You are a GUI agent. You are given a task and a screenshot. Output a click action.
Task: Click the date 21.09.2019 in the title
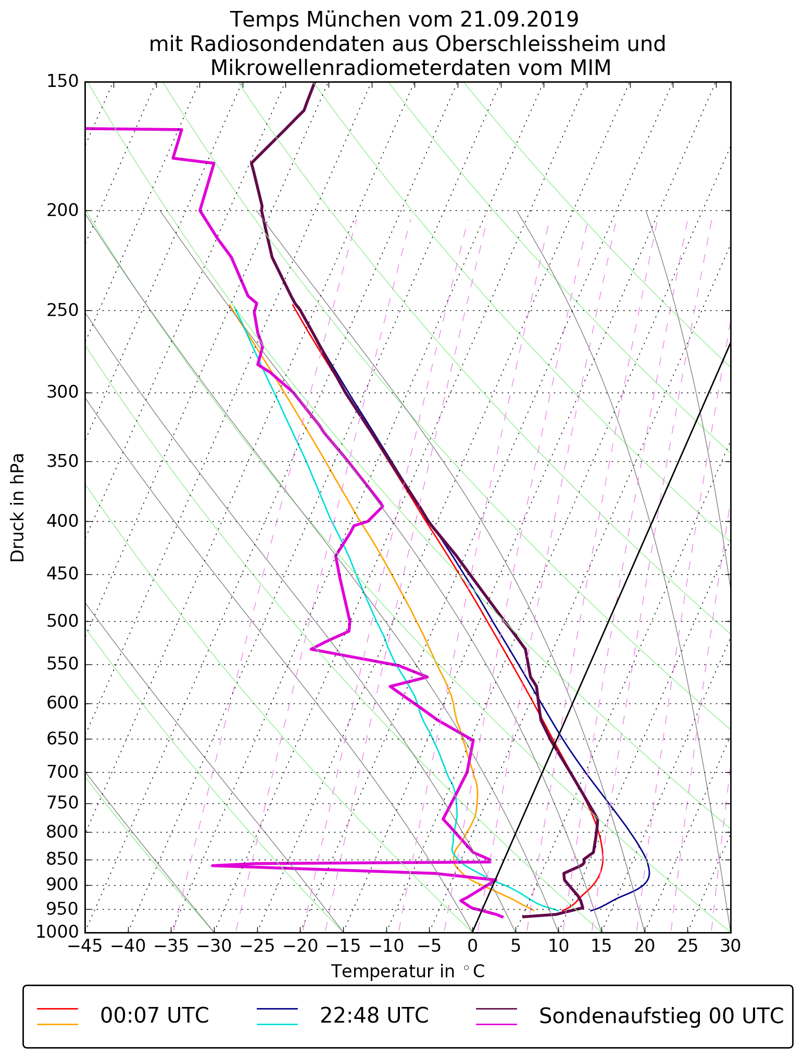519,20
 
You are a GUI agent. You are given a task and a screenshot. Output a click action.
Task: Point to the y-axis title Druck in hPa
18,507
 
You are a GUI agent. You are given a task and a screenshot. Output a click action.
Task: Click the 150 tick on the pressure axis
62,81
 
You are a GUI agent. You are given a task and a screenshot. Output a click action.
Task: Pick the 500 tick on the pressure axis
62,621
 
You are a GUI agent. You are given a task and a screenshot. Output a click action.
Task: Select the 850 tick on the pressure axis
62,860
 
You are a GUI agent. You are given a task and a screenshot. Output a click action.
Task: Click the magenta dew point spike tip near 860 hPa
212,865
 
